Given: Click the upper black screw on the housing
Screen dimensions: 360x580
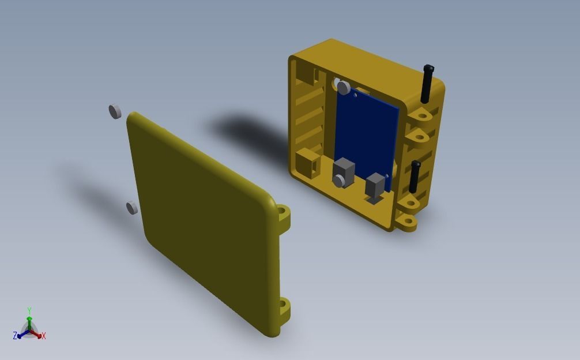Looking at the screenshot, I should [427, 83].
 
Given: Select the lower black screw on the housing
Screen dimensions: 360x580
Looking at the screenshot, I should [415, 177].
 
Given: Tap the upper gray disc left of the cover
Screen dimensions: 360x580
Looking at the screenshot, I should [115, 111].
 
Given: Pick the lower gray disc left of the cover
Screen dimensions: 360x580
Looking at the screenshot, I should [132, 208].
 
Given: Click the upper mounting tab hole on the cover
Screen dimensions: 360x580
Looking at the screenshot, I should [283, 214].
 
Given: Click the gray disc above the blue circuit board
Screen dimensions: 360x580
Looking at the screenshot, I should [344, 88].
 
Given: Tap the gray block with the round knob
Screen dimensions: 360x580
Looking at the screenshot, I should [343, 173].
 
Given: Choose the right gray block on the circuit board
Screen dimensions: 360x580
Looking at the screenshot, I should [375, 186].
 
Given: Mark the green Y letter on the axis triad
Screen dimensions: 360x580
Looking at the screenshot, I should [29, 311].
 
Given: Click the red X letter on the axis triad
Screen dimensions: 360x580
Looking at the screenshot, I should [44, 336].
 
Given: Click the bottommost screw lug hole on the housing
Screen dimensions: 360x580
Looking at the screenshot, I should [407, 222].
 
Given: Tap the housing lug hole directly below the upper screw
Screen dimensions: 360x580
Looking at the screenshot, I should [422, 115].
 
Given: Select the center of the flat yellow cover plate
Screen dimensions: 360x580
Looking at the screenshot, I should [205, 222].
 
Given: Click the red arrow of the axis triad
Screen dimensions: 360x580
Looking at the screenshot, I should [37, 334].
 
